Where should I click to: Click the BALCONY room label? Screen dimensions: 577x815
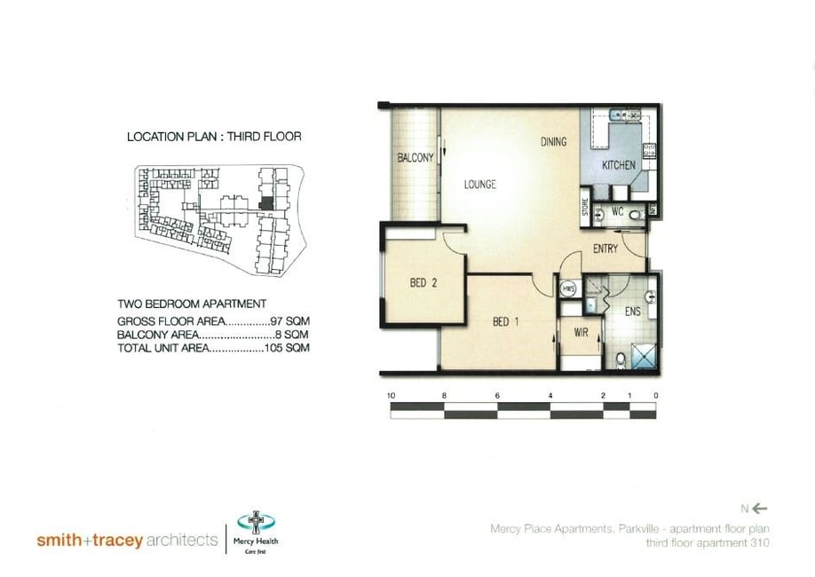click(415, 158)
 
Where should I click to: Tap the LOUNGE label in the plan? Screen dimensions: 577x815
click(479, 185)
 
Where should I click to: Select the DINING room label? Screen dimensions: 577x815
click(554, 142)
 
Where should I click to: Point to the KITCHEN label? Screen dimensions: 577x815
click(618, 166)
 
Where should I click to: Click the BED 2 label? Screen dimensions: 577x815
click(423, 284)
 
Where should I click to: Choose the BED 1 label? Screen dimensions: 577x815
click(506, 321)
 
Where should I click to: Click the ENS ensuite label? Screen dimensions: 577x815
click(632, 312)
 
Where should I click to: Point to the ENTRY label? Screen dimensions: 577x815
click(605, 249)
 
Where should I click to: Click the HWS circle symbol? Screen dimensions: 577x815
click(568, 288)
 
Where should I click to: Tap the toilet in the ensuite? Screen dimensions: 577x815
click(620, 360)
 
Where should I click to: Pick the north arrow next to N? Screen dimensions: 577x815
click(761, 509)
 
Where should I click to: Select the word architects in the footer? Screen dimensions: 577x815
click(181, 540)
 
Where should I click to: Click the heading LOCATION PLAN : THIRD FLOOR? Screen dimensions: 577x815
click(214, 137)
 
